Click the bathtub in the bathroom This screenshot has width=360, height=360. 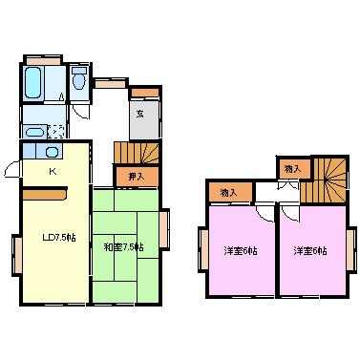point(33,84)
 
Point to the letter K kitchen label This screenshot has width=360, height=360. point(53,172)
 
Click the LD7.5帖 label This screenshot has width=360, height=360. point(57,237)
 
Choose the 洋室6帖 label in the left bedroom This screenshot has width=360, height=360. point(239,251)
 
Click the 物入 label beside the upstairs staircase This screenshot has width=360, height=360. point(292,169)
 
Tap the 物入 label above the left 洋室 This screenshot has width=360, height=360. point(229,193)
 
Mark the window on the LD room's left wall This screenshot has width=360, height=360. point(16,254)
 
